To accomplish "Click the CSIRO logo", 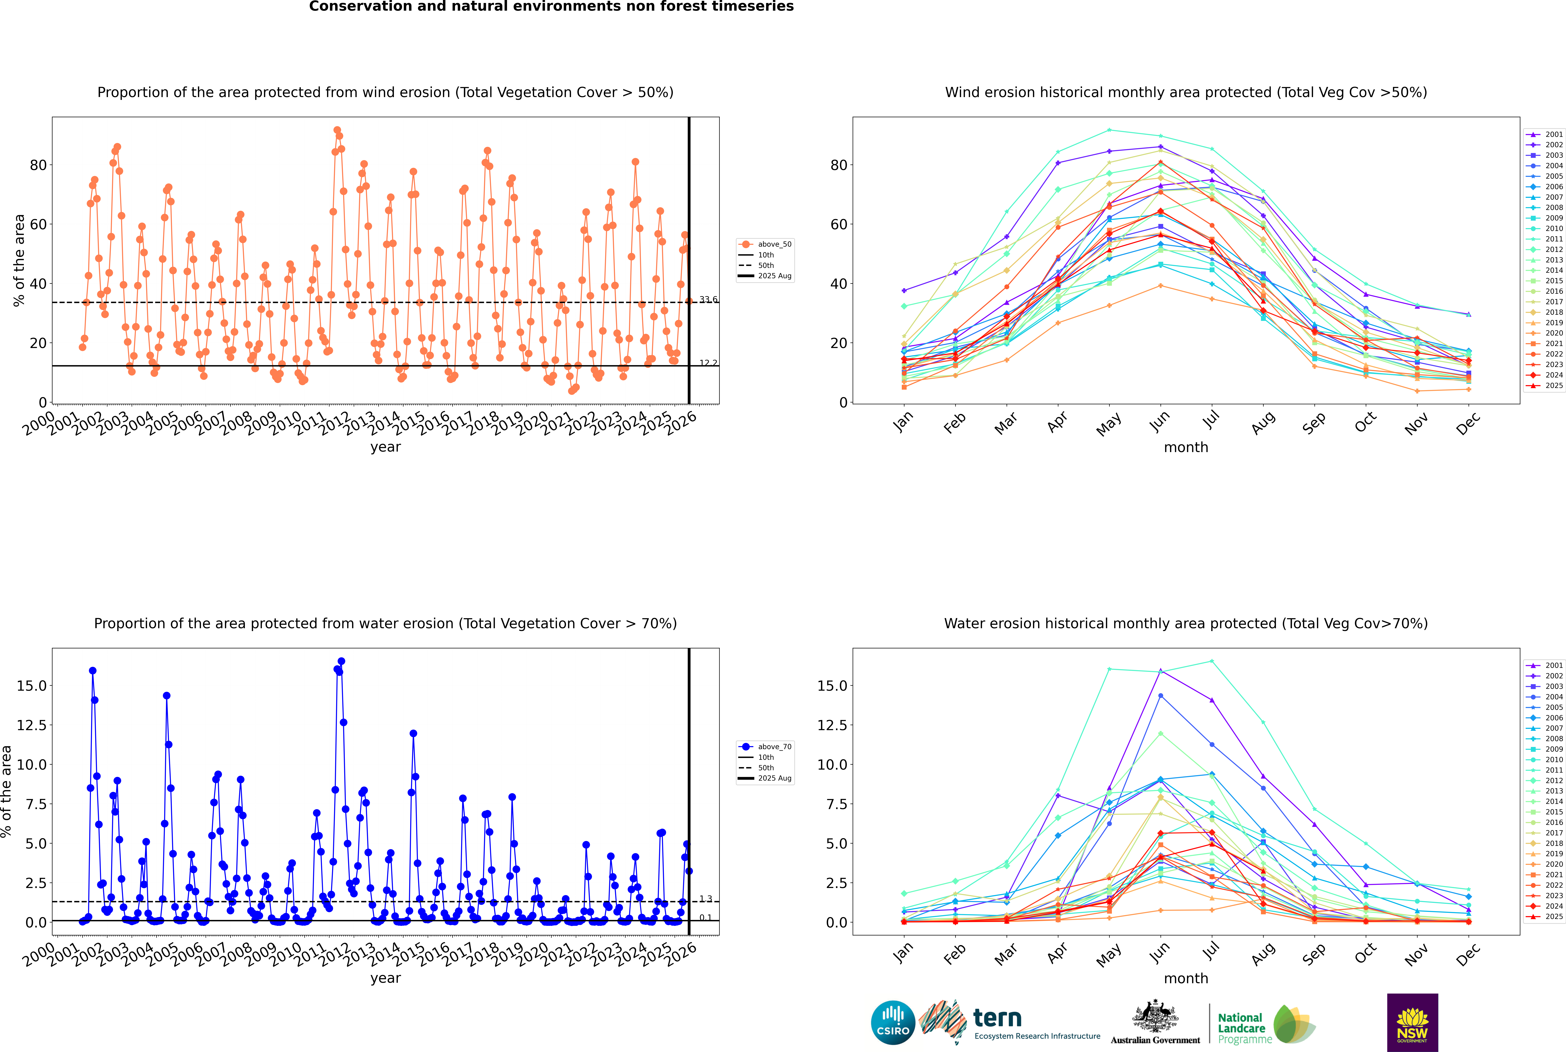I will [x=893, y=1023].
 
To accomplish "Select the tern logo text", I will [x=997, y=1019].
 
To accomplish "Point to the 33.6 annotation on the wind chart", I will [x=708, y=300].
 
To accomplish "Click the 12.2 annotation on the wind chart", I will [x=708, y=363].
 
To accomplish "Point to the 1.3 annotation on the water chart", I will [x=706, y=899].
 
